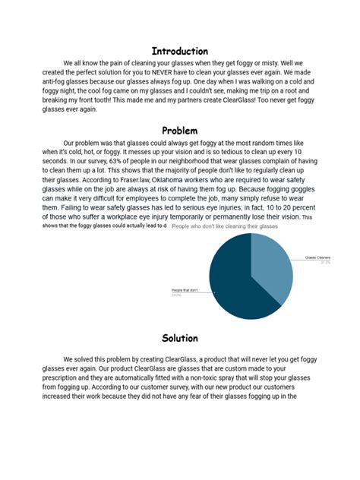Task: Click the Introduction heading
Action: (x=179, y=51)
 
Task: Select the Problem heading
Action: (x=179, y=131)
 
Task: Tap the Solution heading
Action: (x=179, y=338)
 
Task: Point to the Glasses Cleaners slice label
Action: (x=319, y=258)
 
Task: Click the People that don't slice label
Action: (x=186, y=291)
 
